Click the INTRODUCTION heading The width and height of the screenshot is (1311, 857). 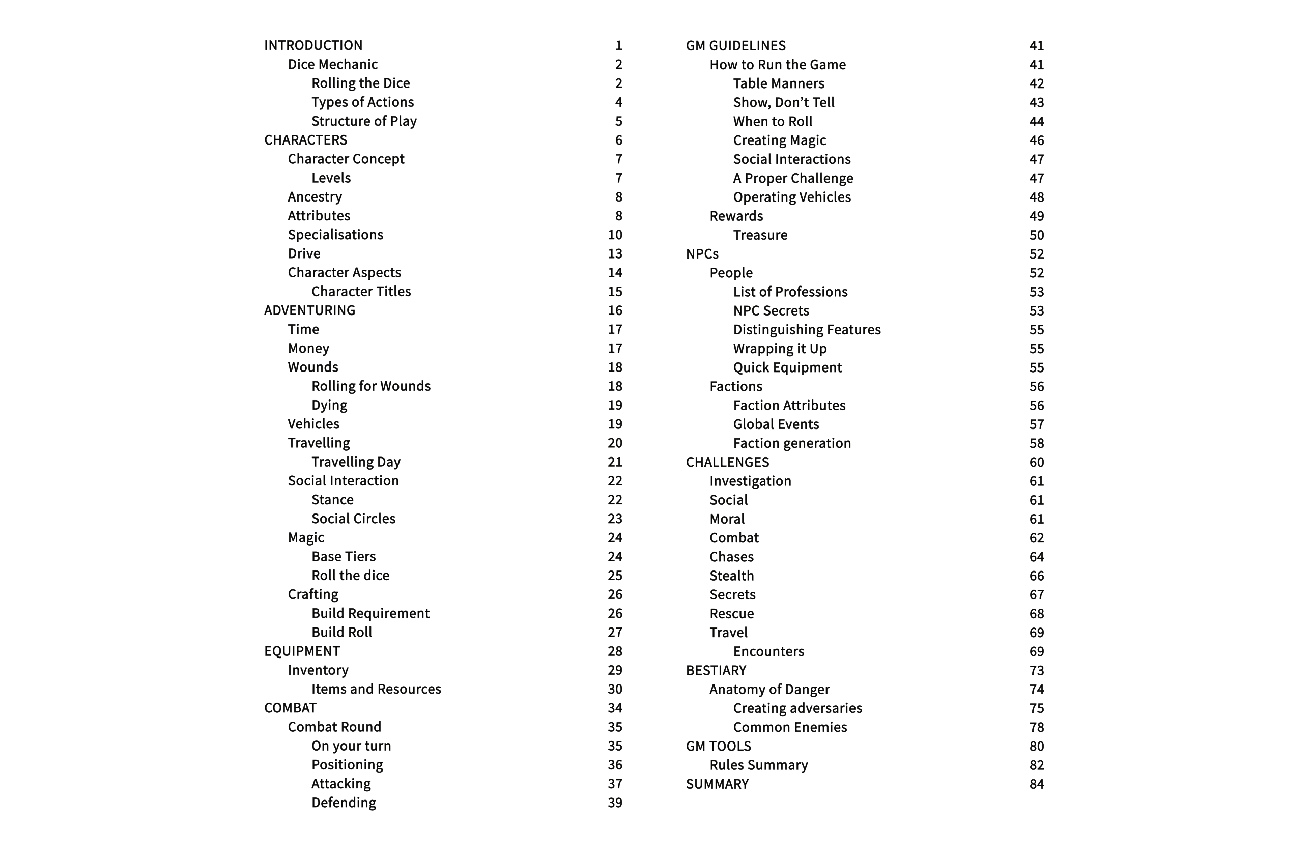(x=313, y=45)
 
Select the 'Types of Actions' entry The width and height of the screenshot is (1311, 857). (x=362, y=102)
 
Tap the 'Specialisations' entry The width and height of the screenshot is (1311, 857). (x=335, y=235)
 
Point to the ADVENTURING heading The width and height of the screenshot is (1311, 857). (x=309, y=310)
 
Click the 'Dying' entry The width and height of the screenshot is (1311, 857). (x=329, y=405)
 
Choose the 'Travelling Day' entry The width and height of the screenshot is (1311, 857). (x=356, y=462)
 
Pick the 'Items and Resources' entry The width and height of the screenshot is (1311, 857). (x=376, y=689)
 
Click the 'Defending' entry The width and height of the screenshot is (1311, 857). (x=343, y=803)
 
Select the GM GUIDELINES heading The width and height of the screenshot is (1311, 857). (x=735, y=45)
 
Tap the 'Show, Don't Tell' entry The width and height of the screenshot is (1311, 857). (x=783, y=102)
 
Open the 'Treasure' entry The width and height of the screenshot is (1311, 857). (x=760, y=235)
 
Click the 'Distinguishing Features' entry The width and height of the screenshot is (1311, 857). (x=807, y=329)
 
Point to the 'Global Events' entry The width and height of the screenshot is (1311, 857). (x=776, y=424)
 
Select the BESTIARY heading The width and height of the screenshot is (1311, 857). (x=716, y=670)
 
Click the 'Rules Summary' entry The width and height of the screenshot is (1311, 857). (x=758, y=765)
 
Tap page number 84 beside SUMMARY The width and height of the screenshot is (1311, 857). (x=1036, y=784)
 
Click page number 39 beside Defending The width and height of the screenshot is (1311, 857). (x=615, y=803)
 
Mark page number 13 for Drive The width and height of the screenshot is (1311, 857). (x=615, y=253)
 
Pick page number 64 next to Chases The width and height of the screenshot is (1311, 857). (x=1036, y=557)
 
